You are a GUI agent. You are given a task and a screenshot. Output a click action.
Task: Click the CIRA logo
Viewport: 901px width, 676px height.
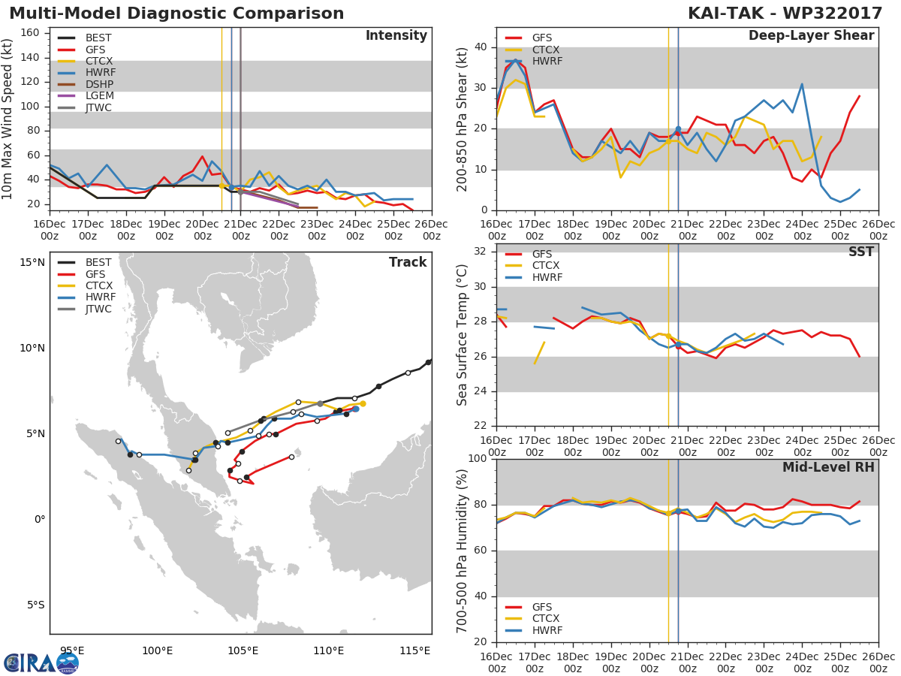41,662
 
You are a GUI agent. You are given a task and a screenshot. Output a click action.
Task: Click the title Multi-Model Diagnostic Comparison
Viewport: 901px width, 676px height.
176,13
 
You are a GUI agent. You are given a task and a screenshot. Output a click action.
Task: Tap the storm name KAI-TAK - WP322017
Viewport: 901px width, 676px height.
785,13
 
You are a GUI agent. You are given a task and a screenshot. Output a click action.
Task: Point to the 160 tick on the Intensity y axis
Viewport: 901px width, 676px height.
30,33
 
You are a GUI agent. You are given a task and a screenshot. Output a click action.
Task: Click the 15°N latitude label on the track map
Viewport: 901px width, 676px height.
32,262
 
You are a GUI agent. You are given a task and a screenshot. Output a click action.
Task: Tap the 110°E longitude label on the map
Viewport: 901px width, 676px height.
328,650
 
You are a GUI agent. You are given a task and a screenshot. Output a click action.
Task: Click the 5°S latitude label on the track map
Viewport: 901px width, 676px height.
36,605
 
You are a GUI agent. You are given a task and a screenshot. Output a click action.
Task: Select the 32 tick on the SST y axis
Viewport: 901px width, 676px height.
481,251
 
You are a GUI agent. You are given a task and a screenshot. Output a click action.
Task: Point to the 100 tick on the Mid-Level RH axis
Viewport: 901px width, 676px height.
478,458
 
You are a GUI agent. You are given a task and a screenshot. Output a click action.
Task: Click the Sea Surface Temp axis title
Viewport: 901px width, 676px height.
462,335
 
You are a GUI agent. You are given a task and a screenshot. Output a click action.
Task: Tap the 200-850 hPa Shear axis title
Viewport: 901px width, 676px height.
462,119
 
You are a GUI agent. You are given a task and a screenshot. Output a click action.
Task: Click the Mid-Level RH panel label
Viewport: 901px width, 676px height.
828,467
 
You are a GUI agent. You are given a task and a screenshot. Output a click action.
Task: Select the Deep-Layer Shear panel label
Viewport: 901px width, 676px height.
812,35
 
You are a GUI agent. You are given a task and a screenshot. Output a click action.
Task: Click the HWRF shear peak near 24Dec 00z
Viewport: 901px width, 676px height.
802,84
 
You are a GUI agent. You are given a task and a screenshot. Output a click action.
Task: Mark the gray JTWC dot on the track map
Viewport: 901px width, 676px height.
320,404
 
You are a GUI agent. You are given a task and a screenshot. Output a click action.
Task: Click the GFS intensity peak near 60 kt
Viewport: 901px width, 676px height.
203,156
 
